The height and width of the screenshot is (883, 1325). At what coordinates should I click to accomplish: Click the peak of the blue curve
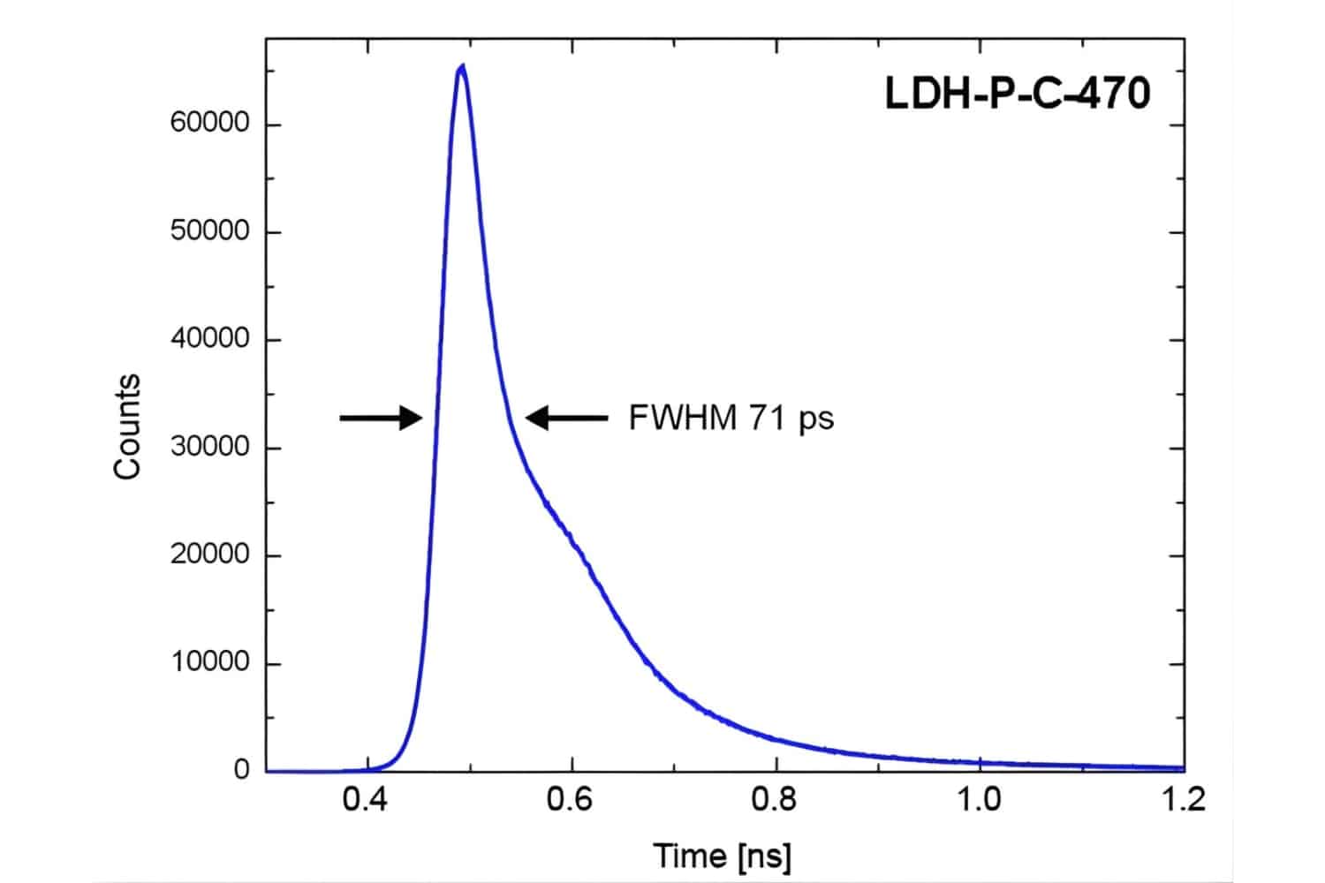click(x=461, y=67)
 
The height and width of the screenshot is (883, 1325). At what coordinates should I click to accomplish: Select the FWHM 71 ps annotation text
click(x=731, y=418)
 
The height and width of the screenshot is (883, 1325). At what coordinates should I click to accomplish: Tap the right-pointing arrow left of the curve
click(x=382, y=418)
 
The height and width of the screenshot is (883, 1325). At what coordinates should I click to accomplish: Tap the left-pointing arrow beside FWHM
click(x=566, y=418)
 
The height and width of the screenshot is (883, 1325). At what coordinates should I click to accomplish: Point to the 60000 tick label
click(x=210, y=124)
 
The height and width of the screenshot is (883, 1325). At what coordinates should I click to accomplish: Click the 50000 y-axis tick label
click(x=210, y=231)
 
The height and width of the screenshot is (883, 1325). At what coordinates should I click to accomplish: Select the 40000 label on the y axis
click(x=210, y=339)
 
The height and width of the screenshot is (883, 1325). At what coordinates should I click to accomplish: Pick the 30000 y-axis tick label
click(x=210, y=448)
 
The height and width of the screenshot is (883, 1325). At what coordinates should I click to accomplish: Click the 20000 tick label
click(x=210, y=555)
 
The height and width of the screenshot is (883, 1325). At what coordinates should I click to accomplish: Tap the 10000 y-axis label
click(x=210, y=663)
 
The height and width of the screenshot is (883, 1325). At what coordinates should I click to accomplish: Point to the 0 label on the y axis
click(x=241, y=771)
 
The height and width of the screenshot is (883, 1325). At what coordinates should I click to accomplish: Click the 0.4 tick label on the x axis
click(x=367, y=800)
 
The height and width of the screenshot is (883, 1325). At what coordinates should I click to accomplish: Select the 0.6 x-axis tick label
click(x=572, y=800)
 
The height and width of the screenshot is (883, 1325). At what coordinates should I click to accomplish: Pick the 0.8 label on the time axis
click(x=776, y=800)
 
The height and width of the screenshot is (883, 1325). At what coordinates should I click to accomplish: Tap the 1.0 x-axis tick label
click(x=980, y=800)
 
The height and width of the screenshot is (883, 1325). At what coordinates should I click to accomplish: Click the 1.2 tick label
click(x=1183, y=800)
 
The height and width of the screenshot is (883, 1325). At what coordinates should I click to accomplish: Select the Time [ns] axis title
click(x=722, y=855)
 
